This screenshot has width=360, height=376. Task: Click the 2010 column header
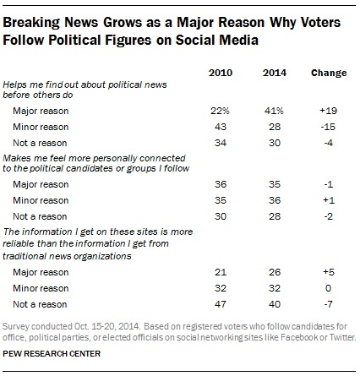(221, 73)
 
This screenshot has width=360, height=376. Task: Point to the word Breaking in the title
(41, 21)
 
